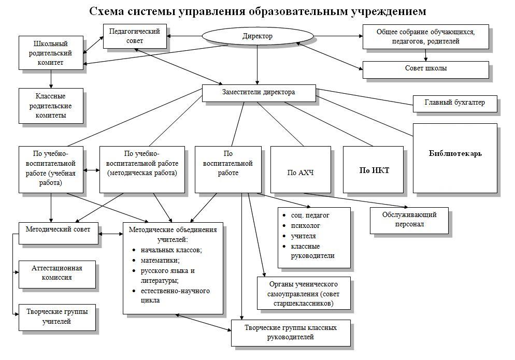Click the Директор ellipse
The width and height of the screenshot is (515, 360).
(x=257, y=36)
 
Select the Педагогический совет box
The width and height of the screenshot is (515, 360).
(x=134, y=36)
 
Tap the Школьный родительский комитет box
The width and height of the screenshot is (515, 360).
(x=50, y=53)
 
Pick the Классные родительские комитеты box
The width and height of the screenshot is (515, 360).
(x=50, y=106)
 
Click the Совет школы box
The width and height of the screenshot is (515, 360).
(x=425, y=69)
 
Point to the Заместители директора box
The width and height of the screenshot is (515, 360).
(x=259, y=93)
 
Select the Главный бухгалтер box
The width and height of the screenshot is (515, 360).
(x=454, y=103)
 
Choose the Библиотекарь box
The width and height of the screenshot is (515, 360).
(x=455, y=154)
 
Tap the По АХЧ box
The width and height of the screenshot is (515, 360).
(x=301, y=172)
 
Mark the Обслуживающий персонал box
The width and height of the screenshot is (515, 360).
(x=409, y=220)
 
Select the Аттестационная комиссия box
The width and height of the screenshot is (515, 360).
(x=58, y=273)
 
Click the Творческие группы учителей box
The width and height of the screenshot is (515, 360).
(x=58, y=316)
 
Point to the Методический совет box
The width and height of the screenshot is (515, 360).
(x=58, y=229)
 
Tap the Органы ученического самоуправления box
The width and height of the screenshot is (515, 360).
(x=304, y=293)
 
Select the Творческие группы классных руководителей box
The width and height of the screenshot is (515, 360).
(x=290, y=333)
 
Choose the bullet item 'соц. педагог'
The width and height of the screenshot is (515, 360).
(x=310, y=215)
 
